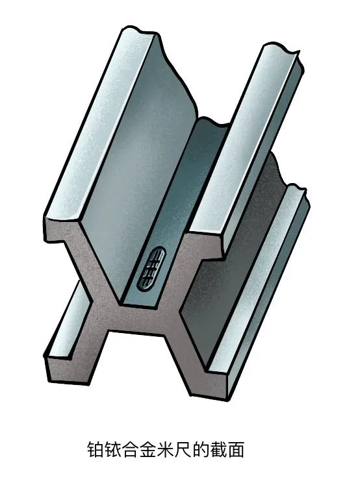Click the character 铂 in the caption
click(x=96, y=451)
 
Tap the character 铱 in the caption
click(x=114, y=451)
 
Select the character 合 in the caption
click(x=131, y=451)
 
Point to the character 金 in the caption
click(x=149, y=451)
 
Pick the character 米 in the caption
click(x=166, y=451)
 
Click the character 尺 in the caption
click(x=184, y=451)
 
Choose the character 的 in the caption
click(x=201, y=451)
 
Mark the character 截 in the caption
click(x=219, y=451)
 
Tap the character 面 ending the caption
click(x=237, y=451)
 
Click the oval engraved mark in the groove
click(x=151, y=267)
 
